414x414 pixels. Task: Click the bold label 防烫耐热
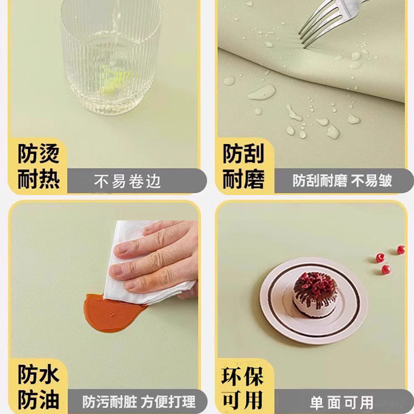pos(39,167)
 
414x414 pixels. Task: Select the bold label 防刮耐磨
pos(243,167)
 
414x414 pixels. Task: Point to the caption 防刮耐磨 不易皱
pos(342,181)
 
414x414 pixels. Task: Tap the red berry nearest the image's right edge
pos(401,250)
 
